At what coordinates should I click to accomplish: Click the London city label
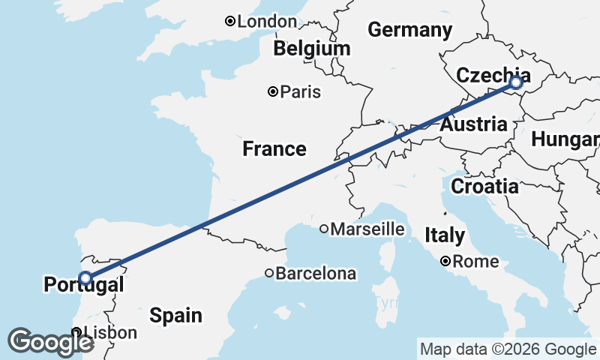[x=267, y=22]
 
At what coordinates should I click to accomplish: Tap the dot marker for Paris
[x=274, y=92]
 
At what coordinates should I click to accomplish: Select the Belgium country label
[x=311, y=49]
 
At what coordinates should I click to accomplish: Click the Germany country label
[x=409, y=31]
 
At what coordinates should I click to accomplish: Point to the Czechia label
[x=492, y=76]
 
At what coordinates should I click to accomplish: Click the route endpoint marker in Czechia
[x=515, y=83]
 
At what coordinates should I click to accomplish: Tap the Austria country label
[x=473, y=124]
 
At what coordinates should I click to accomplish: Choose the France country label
[x=274, y=149]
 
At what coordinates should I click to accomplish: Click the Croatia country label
[x=484, y=186]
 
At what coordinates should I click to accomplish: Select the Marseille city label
[x=367, y=229]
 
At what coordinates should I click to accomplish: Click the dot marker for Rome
[x=445, y=262]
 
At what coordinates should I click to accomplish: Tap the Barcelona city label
[x=315, y=274]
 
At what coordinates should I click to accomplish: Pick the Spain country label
[x=175, y=315]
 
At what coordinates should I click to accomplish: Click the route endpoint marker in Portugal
[x=85, y=278]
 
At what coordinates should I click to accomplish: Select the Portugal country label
[x=83, y=285]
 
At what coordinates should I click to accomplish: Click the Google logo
[x=50, y=342]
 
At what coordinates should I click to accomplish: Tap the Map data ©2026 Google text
[x=507, y=349]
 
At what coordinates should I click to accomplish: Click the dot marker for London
[x=230, y=22]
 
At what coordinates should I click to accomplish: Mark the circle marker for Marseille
[x=324, y=229]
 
